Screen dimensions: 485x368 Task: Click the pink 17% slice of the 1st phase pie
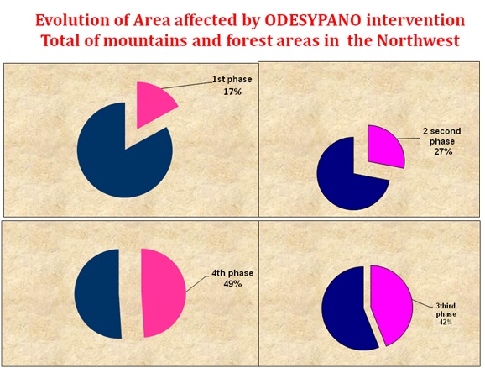coord(153,101)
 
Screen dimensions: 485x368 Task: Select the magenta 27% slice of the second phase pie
coord(384,146)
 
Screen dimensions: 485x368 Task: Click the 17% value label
coord(232,92)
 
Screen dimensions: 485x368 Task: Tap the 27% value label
coord(443,152)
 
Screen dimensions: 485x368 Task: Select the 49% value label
coord(232,283)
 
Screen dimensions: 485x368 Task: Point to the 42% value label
coord(446,322)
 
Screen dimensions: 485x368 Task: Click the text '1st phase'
coord(232,79)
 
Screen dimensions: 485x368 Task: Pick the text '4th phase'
coord(232,273)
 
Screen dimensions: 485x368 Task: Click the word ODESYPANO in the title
coord(313,20)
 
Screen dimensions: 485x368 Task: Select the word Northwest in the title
coord(418,40)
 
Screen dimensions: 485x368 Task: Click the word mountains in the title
coord(145,40)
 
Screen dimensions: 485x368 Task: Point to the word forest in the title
coord(251,40)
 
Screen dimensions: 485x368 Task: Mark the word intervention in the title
coord(415,20)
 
